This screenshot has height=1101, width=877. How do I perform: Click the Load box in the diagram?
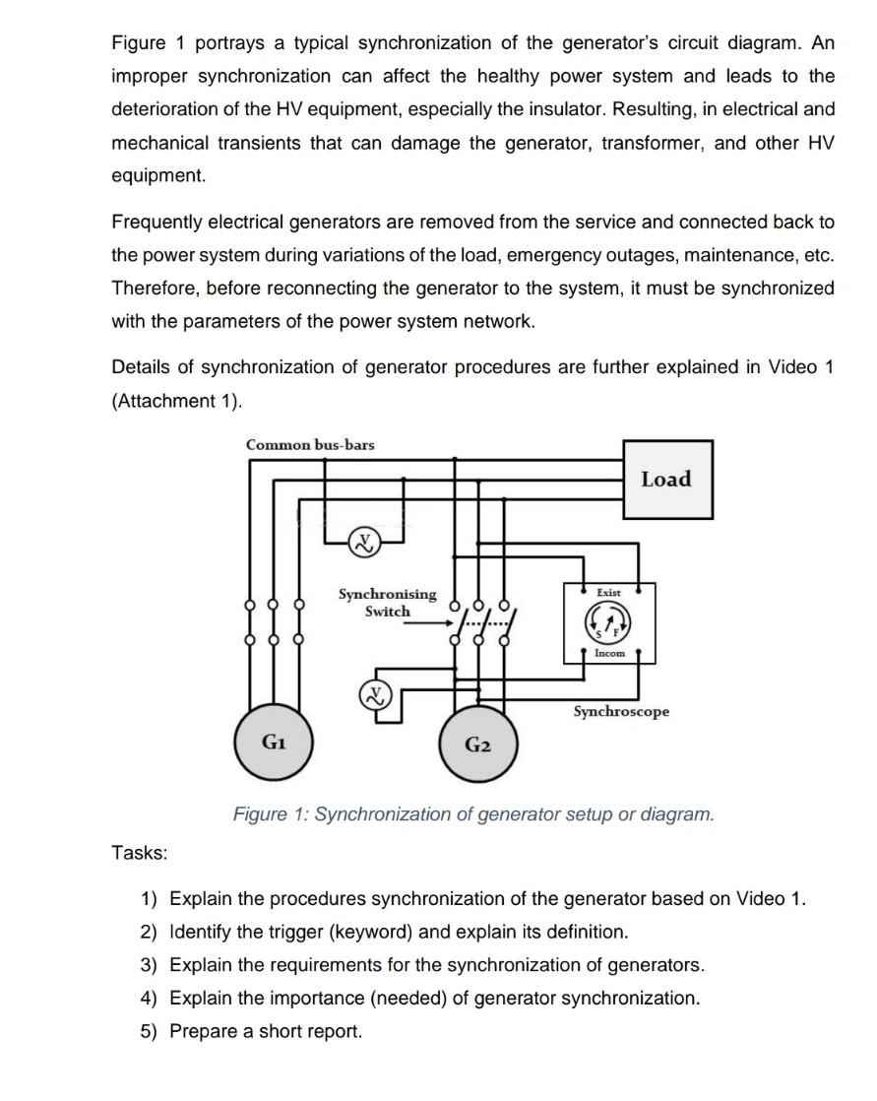point(666,480)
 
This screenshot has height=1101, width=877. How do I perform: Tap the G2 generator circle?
point(477,744)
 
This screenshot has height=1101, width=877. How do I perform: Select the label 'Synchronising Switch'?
point(388,603)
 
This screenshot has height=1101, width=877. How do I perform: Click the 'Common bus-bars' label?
point(310,444)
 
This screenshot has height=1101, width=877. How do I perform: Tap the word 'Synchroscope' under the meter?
point(621,711)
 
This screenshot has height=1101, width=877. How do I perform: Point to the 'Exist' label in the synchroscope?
point(609,592)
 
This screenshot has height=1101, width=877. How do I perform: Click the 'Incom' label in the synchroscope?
point(609,653)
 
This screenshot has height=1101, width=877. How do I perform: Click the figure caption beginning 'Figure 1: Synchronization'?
point(473,814)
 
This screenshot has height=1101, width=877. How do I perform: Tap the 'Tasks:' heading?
point(140,853)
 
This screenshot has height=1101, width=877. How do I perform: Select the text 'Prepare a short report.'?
point(266,1031)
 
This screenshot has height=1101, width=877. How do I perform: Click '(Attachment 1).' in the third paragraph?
point(176,401)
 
